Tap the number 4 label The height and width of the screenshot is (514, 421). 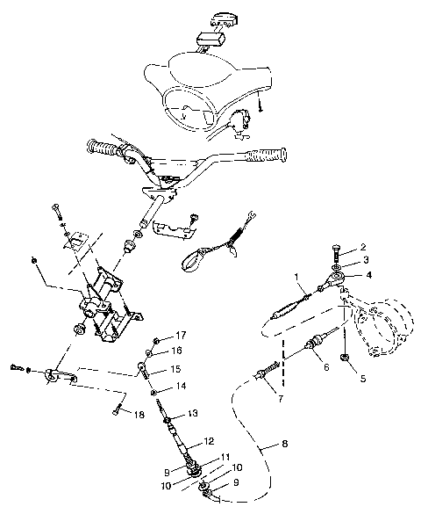(x=367, y=275)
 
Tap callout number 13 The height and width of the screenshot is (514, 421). (x=191, y=412)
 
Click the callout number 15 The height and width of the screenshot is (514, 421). (x=174, y=368)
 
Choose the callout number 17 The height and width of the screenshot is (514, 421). (x=182, y=335)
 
